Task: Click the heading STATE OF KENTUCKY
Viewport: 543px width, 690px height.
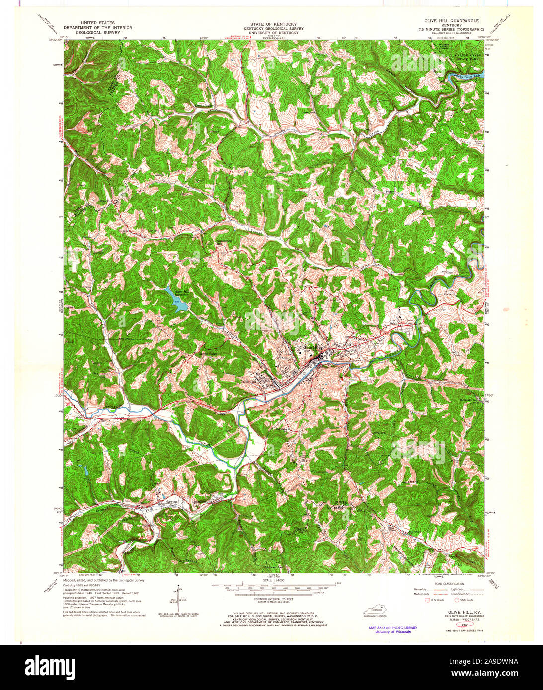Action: (x=270, y=24)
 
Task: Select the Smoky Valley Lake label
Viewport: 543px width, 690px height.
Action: (x=467, y=76)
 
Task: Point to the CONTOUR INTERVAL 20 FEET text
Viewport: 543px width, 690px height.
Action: (x=271, y=600)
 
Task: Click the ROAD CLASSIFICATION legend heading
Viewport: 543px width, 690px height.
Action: (x=449, y=584)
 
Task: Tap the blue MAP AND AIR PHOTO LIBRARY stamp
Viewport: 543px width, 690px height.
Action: (x=392, y=628)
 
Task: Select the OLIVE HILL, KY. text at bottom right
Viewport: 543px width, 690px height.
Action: (x=453, y=613)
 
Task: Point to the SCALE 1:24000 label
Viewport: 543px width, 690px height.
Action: (x=271, y=580)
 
